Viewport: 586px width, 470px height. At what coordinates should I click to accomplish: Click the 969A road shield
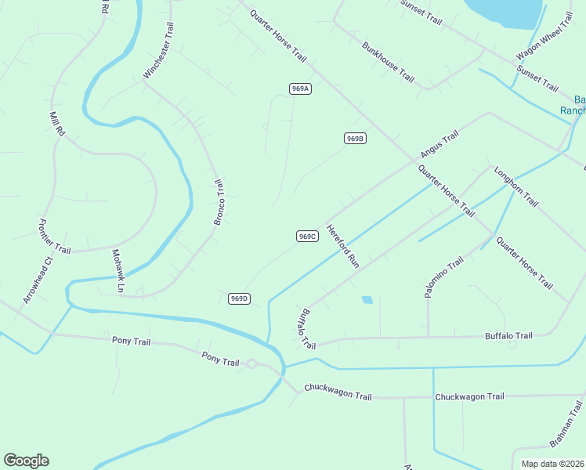tap(300, 89)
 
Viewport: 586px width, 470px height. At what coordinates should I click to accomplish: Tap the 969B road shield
tap(355, 139)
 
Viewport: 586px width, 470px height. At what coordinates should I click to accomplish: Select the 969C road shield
tap(307, 236)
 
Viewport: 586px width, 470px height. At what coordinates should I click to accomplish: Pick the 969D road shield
tap(240, 298)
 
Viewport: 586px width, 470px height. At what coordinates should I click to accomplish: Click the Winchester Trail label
tap(157, 50)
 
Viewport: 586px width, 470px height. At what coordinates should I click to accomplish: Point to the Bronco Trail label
tap(219, 202)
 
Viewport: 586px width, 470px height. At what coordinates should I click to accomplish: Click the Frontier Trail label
tap(54, 236)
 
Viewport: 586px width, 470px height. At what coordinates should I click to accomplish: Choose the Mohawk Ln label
tap(118, 271)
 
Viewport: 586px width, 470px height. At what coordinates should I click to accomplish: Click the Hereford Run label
tap(342, 247)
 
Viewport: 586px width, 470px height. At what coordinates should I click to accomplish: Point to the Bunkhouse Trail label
tap(388, 62)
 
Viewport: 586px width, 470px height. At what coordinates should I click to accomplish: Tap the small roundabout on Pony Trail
tap(251, 363)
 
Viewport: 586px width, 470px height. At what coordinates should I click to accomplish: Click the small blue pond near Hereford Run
tap(367, 299)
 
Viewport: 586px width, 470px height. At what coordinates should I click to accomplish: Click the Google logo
tap(26, 461)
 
